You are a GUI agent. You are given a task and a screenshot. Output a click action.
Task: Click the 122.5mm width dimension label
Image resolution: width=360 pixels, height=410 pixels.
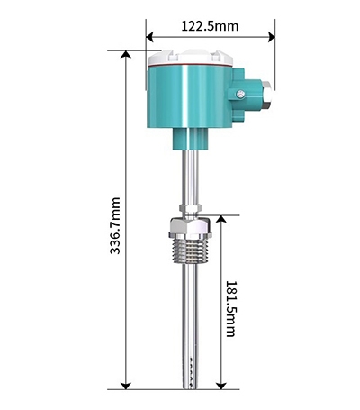click(210, 26)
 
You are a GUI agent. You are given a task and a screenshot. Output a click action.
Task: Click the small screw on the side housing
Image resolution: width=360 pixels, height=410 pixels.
click(240, 94)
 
